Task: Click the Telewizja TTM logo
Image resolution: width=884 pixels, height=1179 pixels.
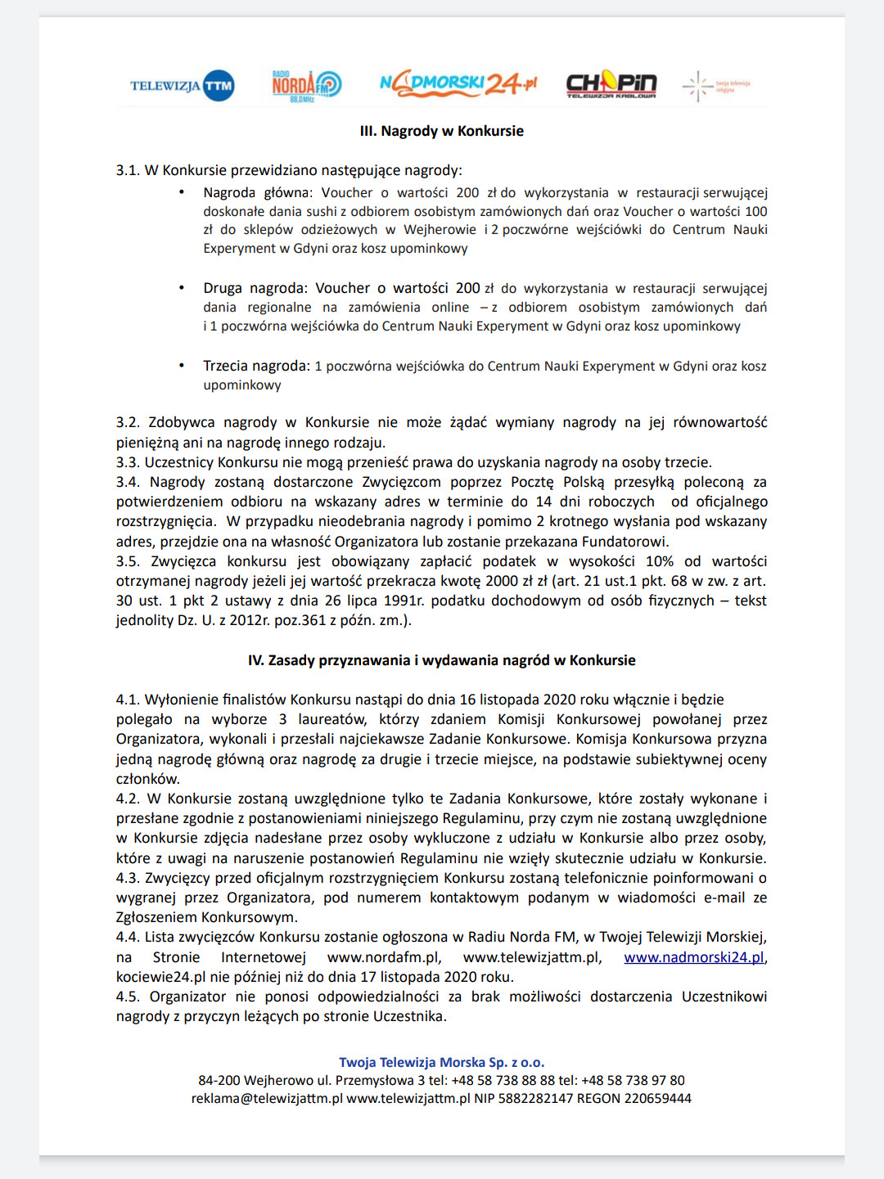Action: (182, 85)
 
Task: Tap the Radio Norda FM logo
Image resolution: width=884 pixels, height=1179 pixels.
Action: (306, 85)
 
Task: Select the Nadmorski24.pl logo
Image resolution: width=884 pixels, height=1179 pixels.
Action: (458, 83)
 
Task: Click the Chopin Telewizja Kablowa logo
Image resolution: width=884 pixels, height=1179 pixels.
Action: (611, 84)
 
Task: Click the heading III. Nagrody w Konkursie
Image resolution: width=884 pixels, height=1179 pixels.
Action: (442, 131)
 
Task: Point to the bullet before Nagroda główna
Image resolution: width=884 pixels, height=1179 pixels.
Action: (182, 192)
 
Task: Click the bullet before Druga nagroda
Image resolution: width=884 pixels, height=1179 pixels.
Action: (182, 288)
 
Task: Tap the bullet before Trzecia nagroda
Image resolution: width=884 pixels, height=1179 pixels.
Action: (182, 366)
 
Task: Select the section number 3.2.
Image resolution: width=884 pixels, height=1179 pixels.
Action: (128, 422)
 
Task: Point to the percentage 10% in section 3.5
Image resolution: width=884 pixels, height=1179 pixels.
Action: (660, 561)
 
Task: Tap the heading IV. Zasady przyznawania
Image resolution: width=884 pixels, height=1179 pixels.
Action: (442, 660)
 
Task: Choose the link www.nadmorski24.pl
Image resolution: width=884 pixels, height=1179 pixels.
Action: (694, 957)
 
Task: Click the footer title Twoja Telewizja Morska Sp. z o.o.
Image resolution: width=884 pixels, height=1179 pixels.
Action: (442, 1062)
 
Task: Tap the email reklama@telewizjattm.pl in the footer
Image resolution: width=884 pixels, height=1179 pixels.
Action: (267, 1099)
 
